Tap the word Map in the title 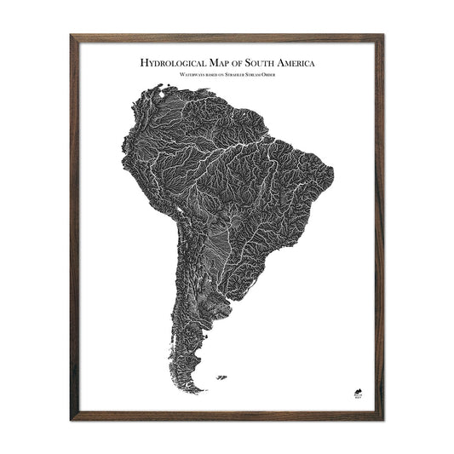click(221, 62)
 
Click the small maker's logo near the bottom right click(359, 393)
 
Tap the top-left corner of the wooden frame click(72, 35)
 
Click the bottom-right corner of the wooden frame click(383, 420)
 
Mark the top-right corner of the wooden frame click(383, 35)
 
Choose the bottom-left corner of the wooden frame click(72, 420)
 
